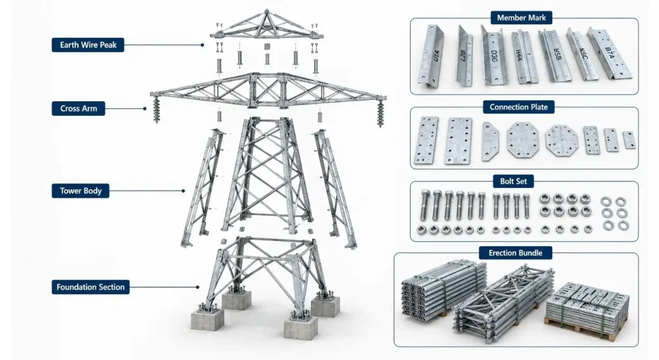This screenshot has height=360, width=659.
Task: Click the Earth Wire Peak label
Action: point(88,45)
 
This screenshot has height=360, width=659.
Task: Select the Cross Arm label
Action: point(78,108)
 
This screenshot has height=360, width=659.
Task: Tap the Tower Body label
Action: point(80,191)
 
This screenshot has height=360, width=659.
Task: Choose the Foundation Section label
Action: point(90,287)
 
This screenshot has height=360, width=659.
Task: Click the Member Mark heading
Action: point(521,17)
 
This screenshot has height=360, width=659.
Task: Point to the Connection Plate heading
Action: point(518,108)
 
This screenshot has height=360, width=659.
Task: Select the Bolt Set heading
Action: point(513,181)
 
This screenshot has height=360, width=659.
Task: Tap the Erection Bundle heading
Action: point(515,252)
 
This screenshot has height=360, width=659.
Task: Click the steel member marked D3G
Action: point(495,55)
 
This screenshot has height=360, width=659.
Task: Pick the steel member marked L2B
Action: point(464,57)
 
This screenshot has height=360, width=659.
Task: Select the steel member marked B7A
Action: point(609,53)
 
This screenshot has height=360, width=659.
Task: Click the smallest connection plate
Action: point(629,140)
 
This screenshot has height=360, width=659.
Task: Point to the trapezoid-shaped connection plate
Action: point(490,141)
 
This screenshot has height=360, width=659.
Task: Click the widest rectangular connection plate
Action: point(458,140)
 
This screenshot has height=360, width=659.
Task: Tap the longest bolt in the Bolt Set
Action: point(425,205)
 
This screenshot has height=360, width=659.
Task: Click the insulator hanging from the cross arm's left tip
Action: point(156,109)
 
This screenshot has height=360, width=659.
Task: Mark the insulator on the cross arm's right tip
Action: point(381,113)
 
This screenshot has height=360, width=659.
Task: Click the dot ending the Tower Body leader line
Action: point(183,191)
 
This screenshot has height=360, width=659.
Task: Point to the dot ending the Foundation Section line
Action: point(198,287)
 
